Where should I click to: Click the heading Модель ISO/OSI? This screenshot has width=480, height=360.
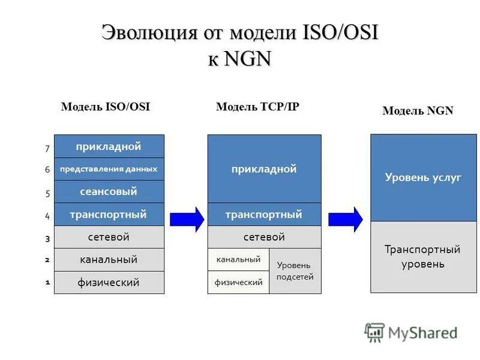tap(105, 107)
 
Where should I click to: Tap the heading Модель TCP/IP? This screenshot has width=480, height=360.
tap(257, 107)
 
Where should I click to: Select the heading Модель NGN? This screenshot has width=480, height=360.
tap(418, 110)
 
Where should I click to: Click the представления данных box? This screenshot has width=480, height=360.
tap(109, 169)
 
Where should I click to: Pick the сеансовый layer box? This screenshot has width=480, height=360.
tap(109, 192)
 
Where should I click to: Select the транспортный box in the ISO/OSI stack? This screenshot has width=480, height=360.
tap(109, 214)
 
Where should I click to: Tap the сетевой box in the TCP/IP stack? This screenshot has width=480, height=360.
tap(264, 237)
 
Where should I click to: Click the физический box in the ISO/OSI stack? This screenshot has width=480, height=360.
tap(109, 282)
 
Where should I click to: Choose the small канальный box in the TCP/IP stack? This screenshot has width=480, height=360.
tap(238, 260)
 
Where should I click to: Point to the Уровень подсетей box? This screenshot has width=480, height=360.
tap(295, 271)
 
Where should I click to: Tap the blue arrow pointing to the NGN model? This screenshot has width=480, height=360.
tap(345, 219)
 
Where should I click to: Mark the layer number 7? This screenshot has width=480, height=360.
tap(47, 148)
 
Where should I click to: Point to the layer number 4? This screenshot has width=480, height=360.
tap(47, 215)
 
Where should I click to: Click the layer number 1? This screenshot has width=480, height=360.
tap(47, 281)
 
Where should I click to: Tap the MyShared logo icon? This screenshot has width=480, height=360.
tap(375, 332)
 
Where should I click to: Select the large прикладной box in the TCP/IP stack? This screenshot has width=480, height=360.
tap(264, 169)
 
